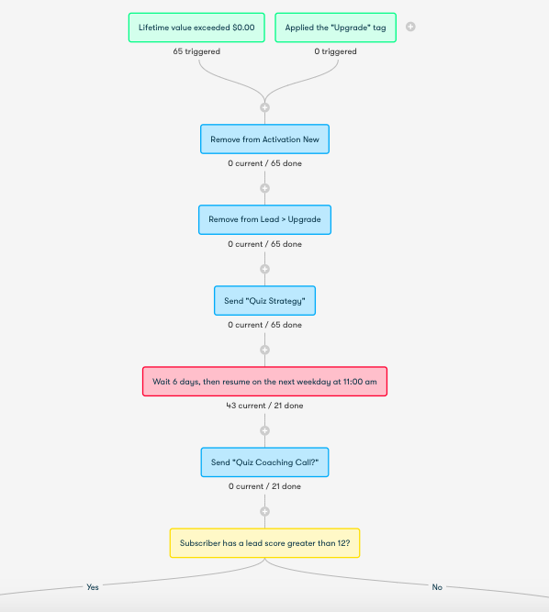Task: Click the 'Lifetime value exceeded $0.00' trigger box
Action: click(196, 28)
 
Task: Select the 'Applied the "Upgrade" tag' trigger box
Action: click(335, 28)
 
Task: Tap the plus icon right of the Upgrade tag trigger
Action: click(410, 27)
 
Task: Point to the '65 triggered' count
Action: click(196, 51)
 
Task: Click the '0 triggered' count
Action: click(335, 51)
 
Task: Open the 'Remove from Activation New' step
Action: click(264, 139)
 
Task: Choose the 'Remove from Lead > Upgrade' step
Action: click(264, 219)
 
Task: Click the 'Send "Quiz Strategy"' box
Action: click(264, 301)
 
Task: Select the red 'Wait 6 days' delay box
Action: click(264, 382)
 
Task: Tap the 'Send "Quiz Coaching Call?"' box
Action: click(264, 462)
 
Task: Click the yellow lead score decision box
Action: click(264, 543)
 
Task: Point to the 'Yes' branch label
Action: click(93, 587)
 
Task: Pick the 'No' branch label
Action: click(437, 587)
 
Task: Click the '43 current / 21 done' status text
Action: click(264, 406)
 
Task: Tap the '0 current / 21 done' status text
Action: click(264, 486)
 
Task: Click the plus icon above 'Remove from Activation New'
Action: click(264, 107)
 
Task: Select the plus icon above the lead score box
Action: click(264, 511)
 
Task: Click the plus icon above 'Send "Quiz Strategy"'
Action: click(264, 269)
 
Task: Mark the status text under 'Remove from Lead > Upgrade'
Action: click(264, 244)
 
